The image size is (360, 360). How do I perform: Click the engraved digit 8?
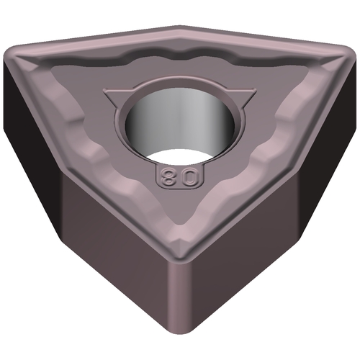(x=168, y=177)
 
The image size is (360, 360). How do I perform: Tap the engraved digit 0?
(x=189, y=177)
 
